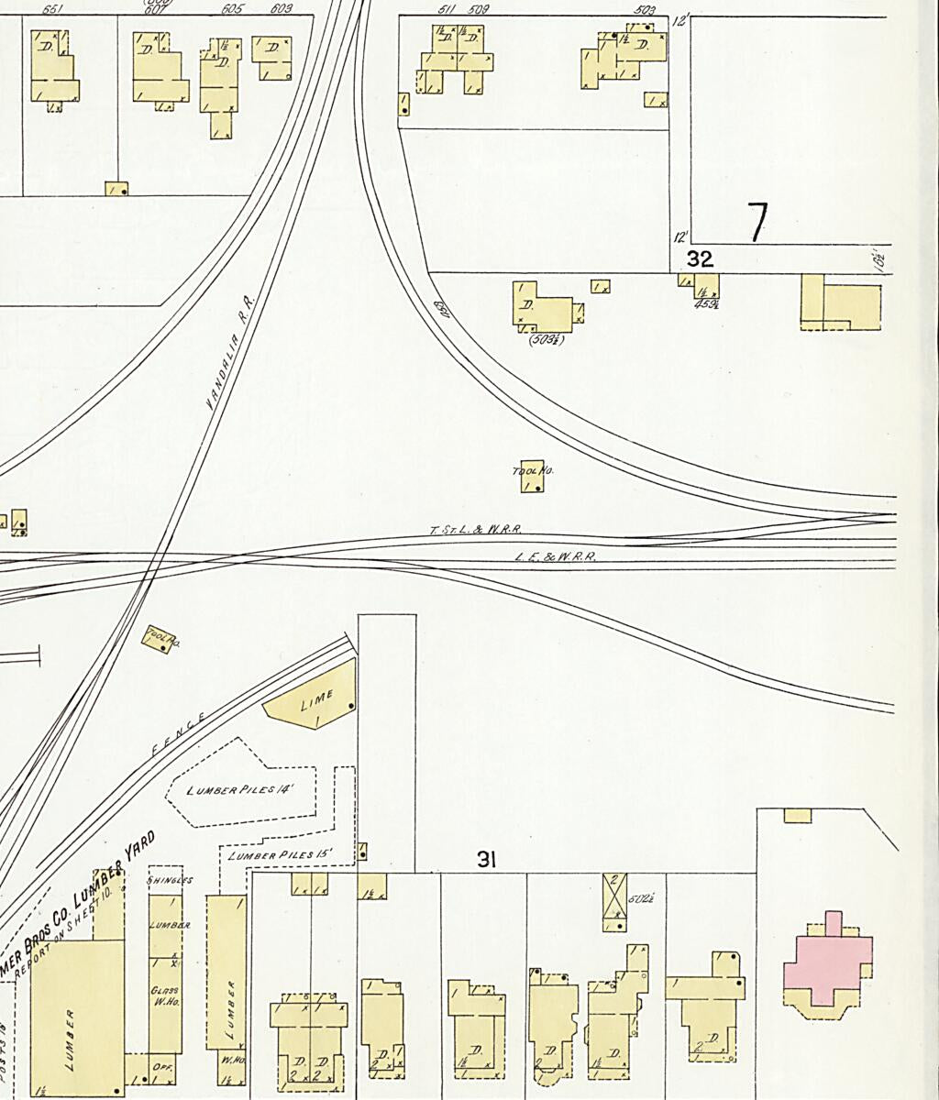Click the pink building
point(827,962)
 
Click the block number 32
point(700,259)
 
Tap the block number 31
point(486,860)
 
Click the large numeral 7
point(757,222)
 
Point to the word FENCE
point(178,733)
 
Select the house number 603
point(281,9)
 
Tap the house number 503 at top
point(645,10)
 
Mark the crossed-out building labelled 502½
point(614,895)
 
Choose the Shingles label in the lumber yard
point(170,880)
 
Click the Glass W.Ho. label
point(165,996)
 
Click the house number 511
point(447,10)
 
